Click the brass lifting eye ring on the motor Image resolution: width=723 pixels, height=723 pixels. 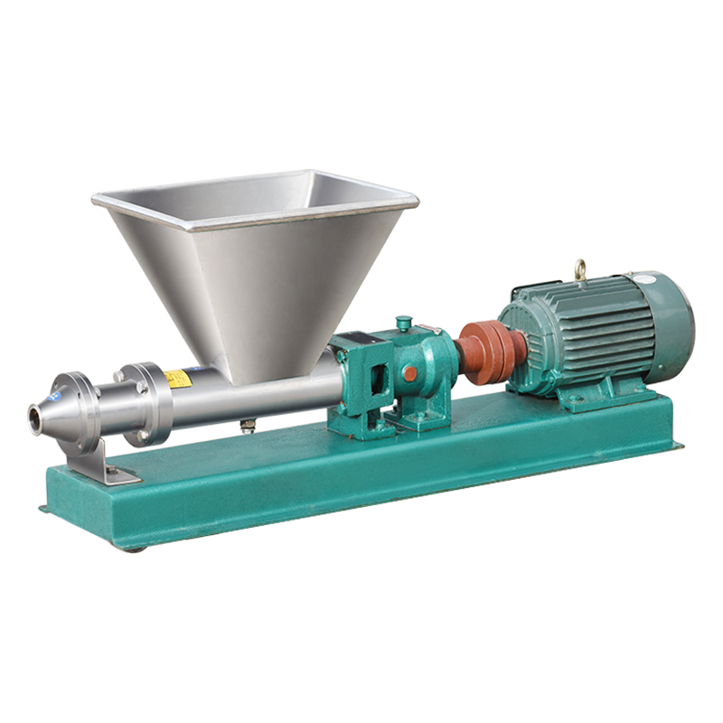(x=578, y=268)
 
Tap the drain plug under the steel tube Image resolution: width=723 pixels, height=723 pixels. (x=247, y=426)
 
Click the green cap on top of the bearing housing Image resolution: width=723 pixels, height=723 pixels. (x=404, y=323)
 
